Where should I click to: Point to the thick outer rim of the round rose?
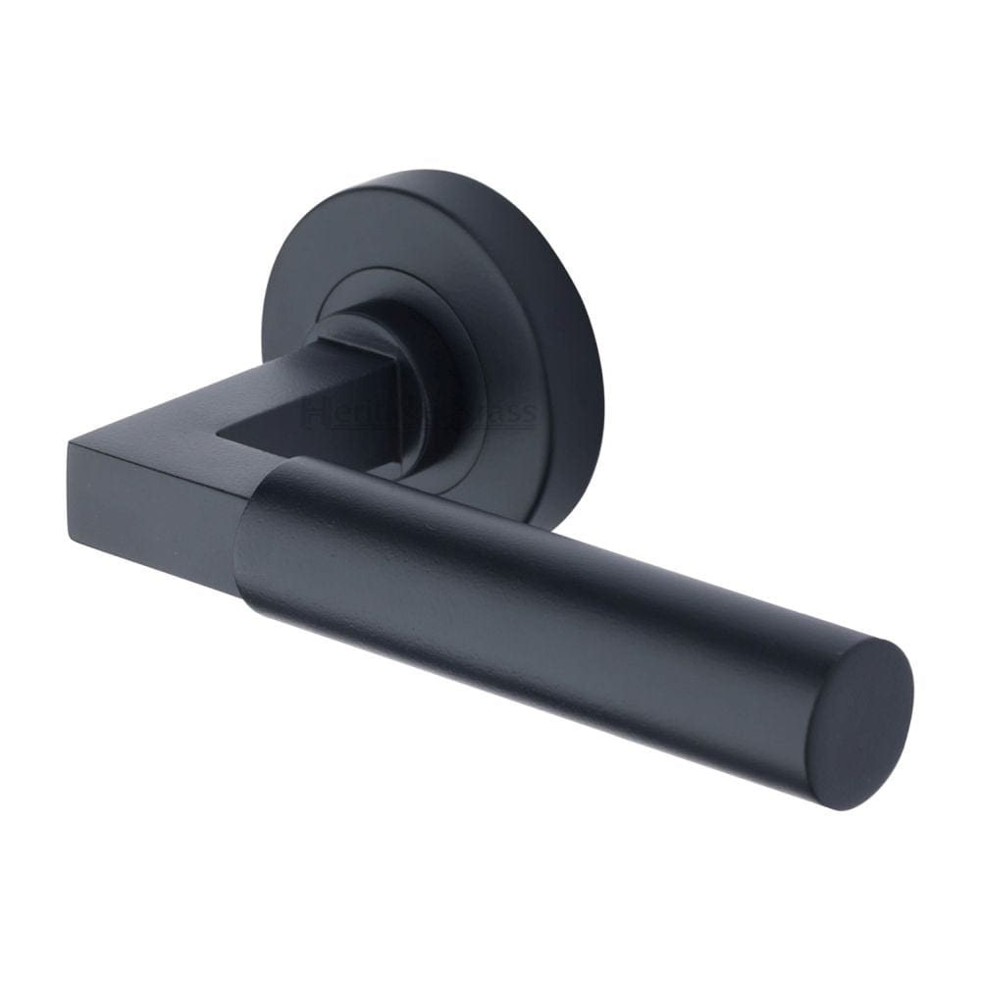pyautogui.click(x=569, y=324)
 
